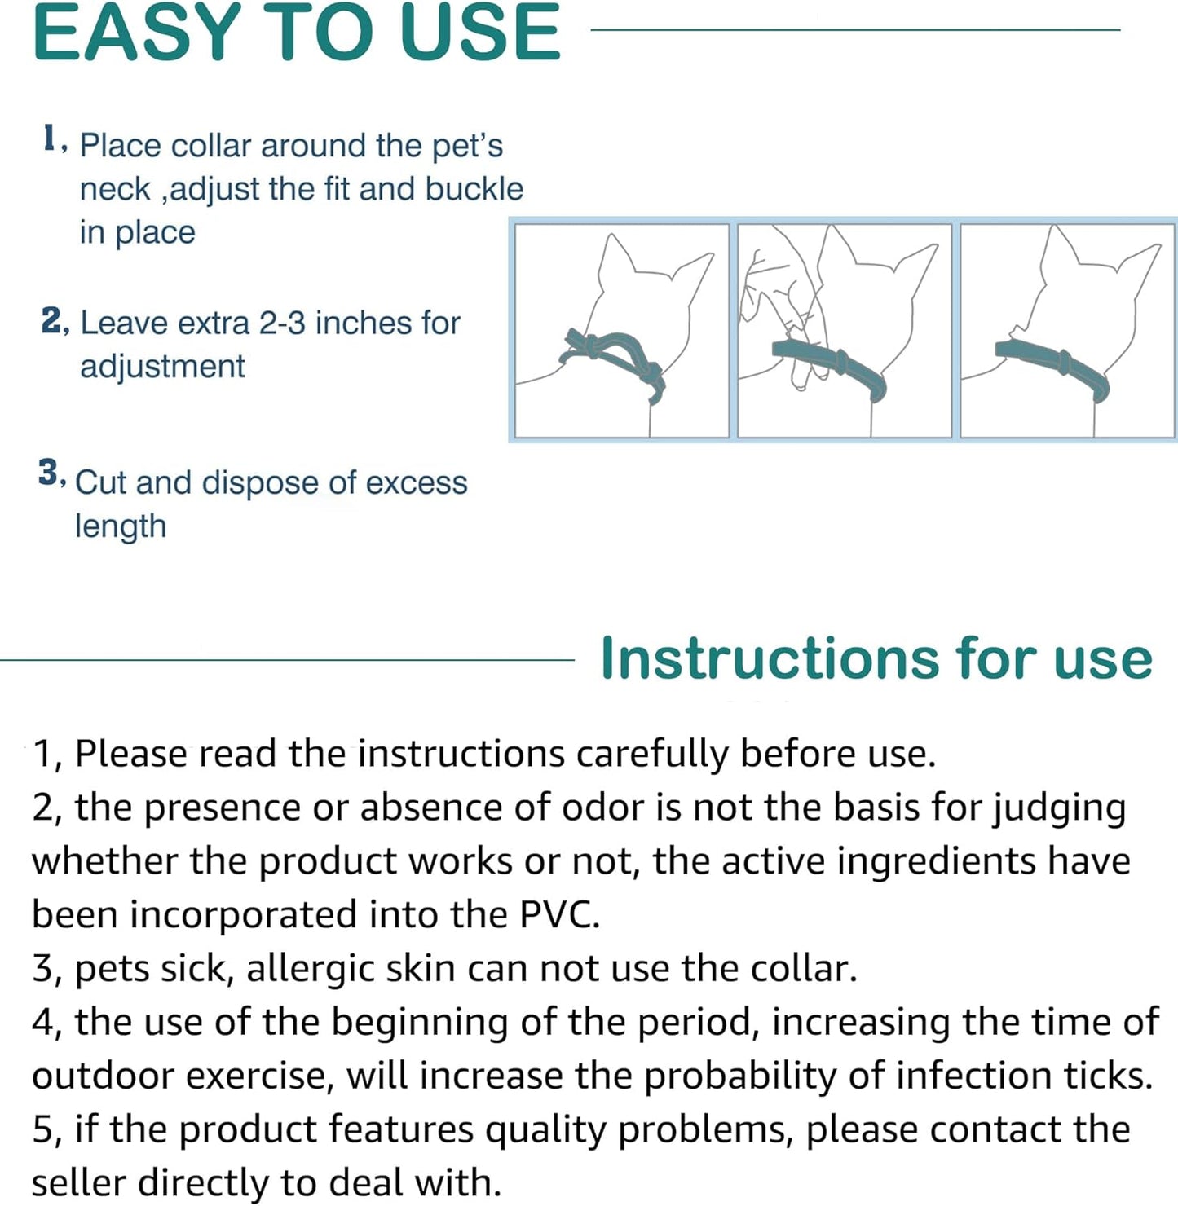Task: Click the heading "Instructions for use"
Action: tap(876, 658)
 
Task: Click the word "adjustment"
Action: tap(161, 367)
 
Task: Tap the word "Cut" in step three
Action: tap(101, 482)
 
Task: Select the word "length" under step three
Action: tap(121, 526)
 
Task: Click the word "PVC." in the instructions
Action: tap(559, 914)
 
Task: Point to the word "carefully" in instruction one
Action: tap(652, 755)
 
